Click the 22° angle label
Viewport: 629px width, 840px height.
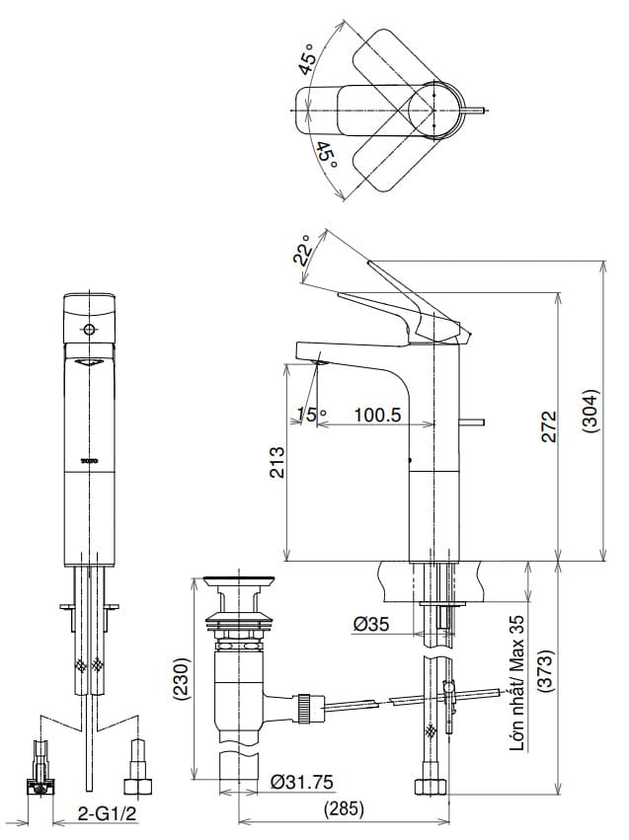coord(302,250)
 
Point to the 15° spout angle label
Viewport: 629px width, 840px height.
coord(307,416)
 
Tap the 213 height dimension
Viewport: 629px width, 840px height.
coord(276,462)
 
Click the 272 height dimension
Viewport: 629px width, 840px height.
coord(550,425)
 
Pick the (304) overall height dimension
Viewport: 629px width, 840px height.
coord(590,410)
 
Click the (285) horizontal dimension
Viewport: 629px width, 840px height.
coord(344,808)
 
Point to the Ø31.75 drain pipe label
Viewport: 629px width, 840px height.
coord(301,782)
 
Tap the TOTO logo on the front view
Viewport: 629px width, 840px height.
coord(90,460)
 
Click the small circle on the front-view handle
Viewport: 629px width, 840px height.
coord(90,329)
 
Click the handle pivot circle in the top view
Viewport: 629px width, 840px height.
coord(435,108)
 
